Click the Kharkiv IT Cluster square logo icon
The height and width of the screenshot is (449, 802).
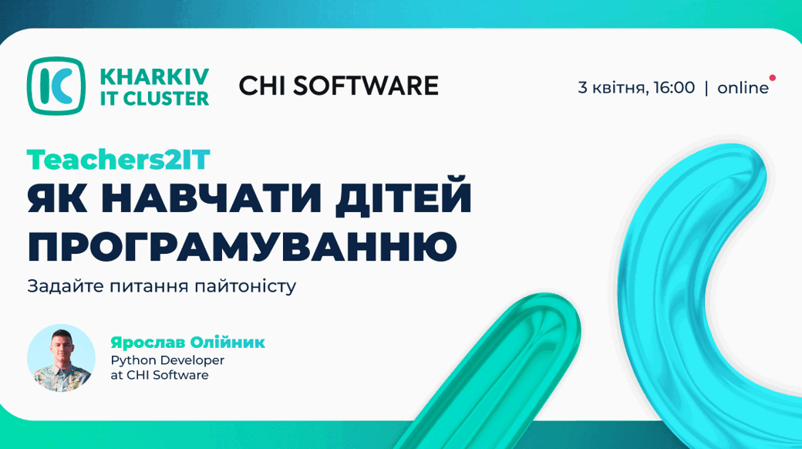tap(56, 86)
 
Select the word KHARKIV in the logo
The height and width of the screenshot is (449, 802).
tap(154, 77)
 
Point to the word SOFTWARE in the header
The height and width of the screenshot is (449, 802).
tap(366, 86)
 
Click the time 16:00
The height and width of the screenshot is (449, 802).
tap(674, 87)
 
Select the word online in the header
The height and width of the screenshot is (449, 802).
tap(743, 88)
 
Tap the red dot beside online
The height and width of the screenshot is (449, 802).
tap(773, 78)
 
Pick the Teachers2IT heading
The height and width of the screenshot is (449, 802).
tap(119, 160)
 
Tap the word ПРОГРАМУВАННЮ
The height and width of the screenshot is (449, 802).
tap(242, 245)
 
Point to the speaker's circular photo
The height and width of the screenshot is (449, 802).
tap(61, 359)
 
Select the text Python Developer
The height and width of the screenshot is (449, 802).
tap(168, 361)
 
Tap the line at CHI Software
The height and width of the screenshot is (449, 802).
tap(160, 375)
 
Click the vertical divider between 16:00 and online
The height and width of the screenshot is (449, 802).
tap(706, 88)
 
